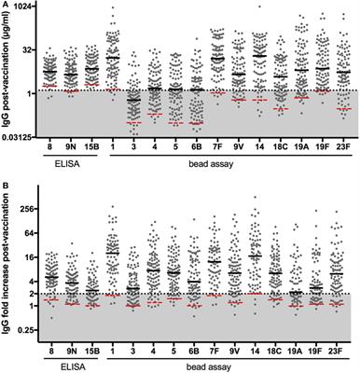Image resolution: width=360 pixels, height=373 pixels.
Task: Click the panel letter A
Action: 6,6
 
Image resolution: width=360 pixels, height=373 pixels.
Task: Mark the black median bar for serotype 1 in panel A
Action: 113,58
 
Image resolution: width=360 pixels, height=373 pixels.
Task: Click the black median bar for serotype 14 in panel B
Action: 257,256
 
